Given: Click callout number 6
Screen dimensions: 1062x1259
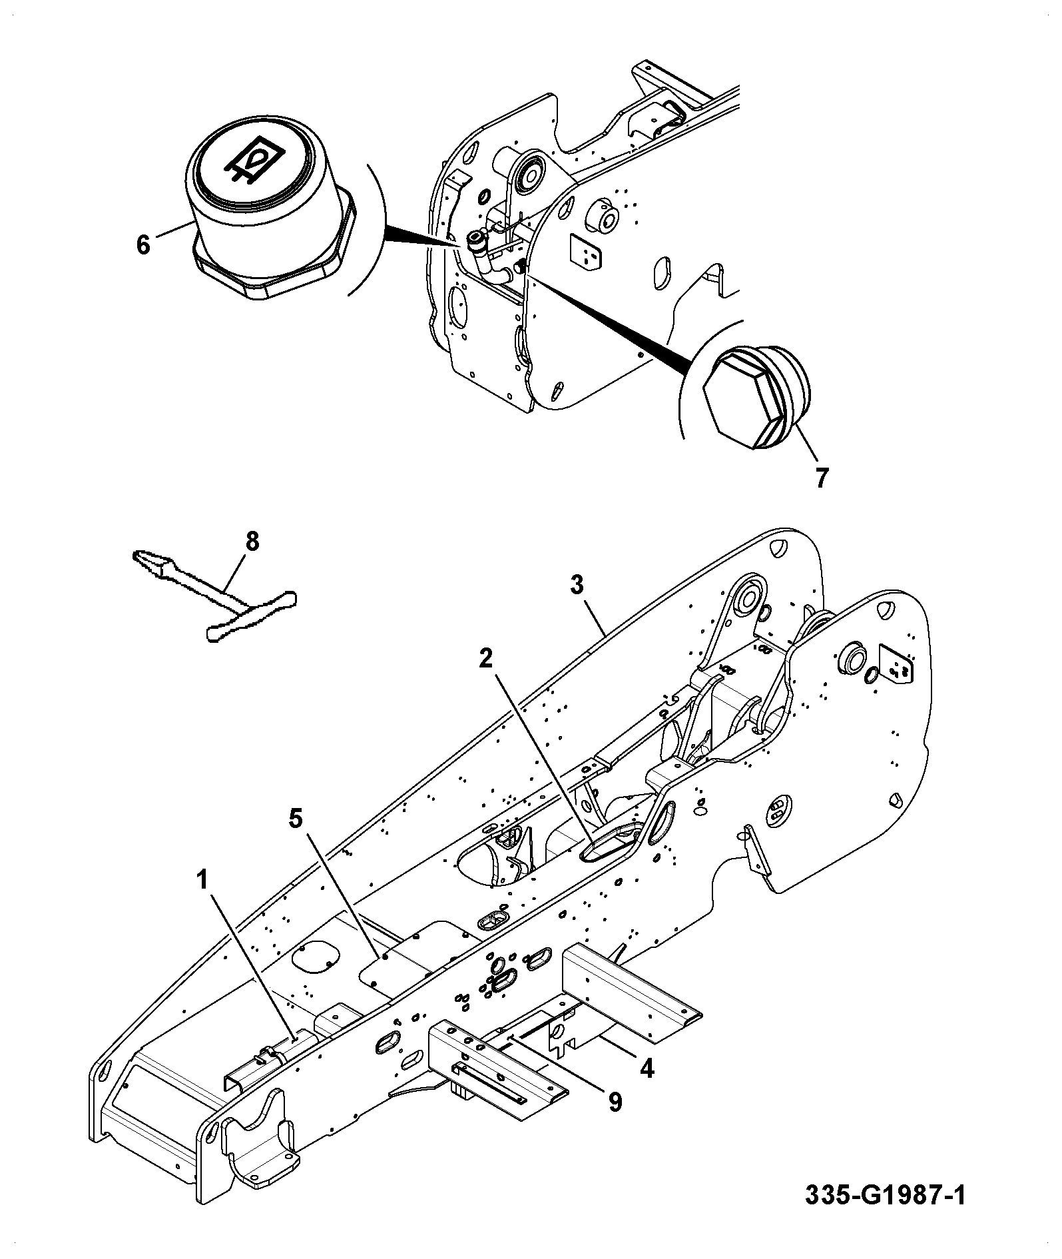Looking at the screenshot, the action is point(143,244).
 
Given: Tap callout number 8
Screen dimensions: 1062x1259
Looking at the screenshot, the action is point(252,542).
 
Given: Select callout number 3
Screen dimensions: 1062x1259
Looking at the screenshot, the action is point(577,585).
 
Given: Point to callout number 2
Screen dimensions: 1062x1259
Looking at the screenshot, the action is point(487,659).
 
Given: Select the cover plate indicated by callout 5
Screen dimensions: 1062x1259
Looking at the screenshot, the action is point(419,954).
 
